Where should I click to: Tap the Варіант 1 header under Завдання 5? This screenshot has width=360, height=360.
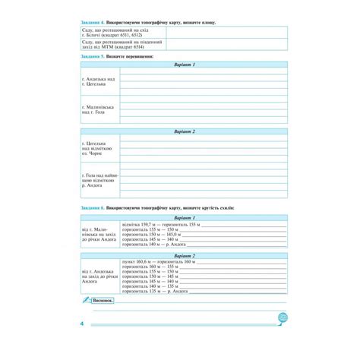pyautogui.click(x=184, y=65)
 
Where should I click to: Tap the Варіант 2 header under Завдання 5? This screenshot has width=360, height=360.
pyautogui.click(x=184, y=131)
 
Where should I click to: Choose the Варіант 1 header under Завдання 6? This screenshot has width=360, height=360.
pyautogui.click(x=184, y=216)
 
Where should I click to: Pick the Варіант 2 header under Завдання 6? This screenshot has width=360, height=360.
pyautogui.click(x=184, y=256)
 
